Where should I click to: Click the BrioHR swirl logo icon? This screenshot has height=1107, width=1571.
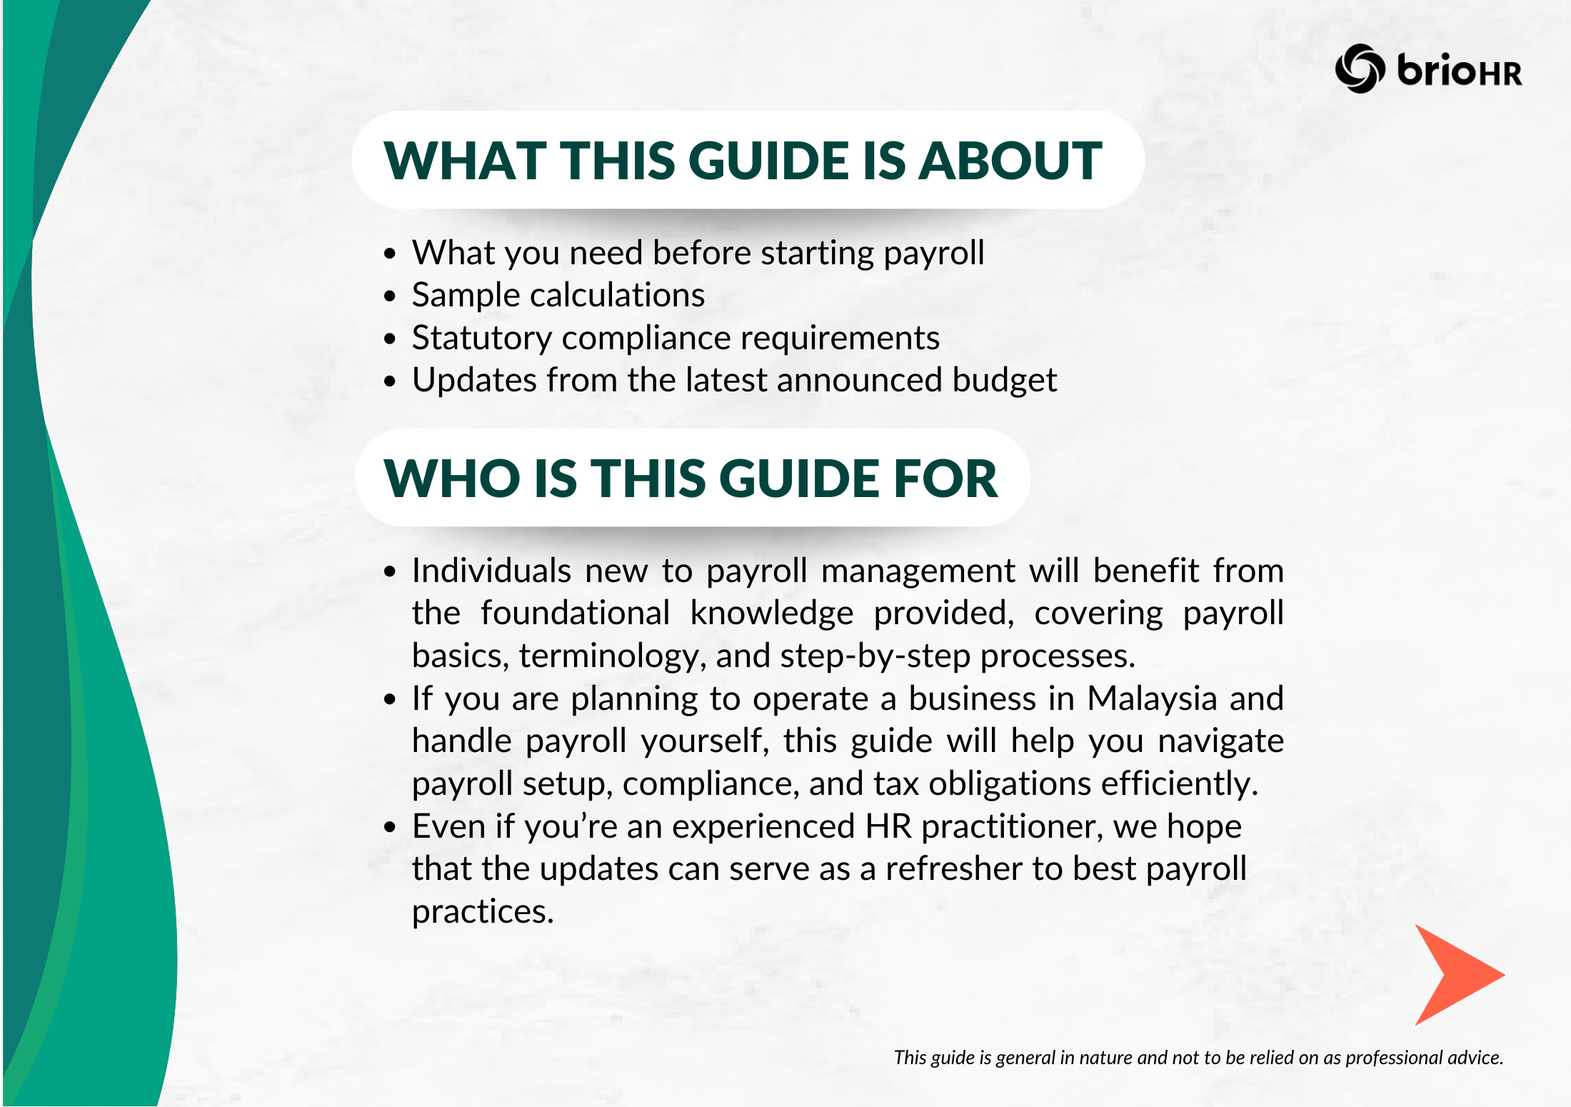tap(1360, 69)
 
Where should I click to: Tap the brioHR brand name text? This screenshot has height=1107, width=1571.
tap(1459, 71)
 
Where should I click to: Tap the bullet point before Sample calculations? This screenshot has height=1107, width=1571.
tap(389, 296)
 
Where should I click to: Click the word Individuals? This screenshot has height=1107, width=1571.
tap(491, 571)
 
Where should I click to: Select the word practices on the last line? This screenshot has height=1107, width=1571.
tap(483, 911)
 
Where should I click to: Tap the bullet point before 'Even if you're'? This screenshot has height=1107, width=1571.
tap(389, 827)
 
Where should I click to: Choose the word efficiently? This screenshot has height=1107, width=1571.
tap(1179, 783)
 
